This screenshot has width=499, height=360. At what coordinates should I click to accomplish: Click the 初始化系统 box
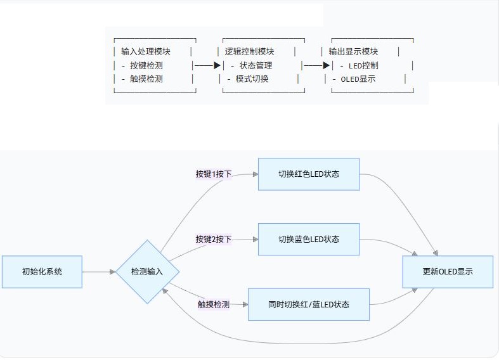pyautogui.click(x=42, y=272)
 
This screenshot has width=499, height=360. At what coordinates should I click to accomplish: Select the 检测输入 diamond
pyautogui.click(x=147, y=272)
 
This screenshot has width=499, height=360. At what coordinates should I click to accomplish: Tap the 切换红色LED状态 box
pyautogui.click(x=308, y=174)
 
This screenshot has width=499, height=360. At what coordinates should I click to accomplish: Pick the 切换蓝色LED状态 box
pyautogui.click(x=308, y=239)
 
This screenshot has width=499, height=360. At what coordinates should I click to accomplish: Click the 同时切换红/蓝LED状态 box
pyautogui.click(x=308, y=304)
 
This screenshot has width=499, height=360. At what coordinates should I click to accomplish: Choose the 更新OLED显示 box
pyautogui.click(x=448, y=272)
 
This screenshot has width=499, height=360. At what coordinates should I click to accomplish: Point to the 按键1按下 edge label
pyautogui.click(x=213, y=174)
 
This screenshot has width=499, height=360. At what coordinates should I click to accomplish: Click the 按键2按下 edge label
pyautogui.click(x=213, y=239)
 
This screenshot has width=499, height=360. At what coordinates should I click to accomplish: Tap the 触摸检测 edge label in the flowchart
pyautogui.click(x=213, y=304)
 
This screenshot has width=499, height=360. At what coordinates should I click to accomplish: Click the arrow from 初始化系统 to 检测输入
pyautogui.click(x=99, y=272)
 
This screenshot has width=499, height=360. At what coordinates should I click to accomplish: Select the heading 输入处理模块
pyautogui.click(x=145, y=51)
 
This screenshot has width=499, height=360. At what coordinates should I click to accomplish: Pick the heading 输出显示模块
pyautogui.click(x=353, y=51)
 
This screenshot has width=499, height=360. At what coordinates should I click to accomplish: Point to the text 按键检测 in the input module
pyautogui.click(x=146, y=65)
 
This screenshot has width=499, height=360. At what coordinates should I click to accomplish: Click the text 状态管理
pyautogui.click(x=256, y=65)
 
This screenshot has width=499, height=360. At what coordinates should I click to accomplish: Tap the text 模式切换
pyautogui.click(x=252, y=79)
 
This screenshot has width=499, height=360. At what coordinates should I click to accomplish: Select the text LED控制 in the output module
pyautogui.click(x=363, y=65)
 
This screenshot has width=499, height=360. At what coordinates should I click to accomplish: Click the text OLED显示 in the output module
pyautogui.click(x=358, y=79)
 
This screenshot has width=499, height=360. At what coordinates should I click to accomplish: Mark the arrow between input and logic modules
pyautogui.click(x=207, y=65)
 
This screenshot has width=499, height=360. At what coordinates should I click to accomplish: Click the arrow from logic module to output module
pyautogui.click(x=317, y=65)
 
